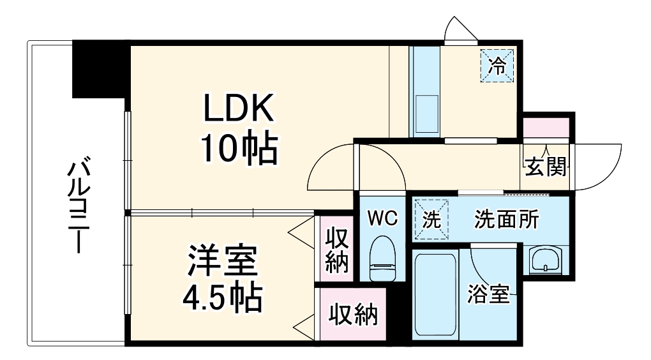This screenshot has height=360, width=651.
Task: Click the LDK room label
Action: click(239, 109)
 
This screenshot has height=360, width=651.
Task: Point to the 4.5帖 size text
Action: click(221, 297)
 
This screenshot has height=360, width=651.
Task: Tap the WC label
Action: click(382, 218)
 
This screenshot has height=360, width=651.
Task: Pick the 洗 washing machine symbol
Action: click(431, 220)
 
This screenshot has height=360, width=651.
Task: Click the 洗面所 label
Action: click(506, 220)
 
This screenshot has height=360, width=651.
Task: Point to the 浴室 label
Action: click(489, 294)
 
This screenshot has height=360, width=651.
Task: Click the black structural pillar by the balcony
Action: click(101, 69)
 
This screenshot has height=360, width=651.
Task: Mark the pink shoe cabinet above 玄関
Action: click(546, 128)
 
